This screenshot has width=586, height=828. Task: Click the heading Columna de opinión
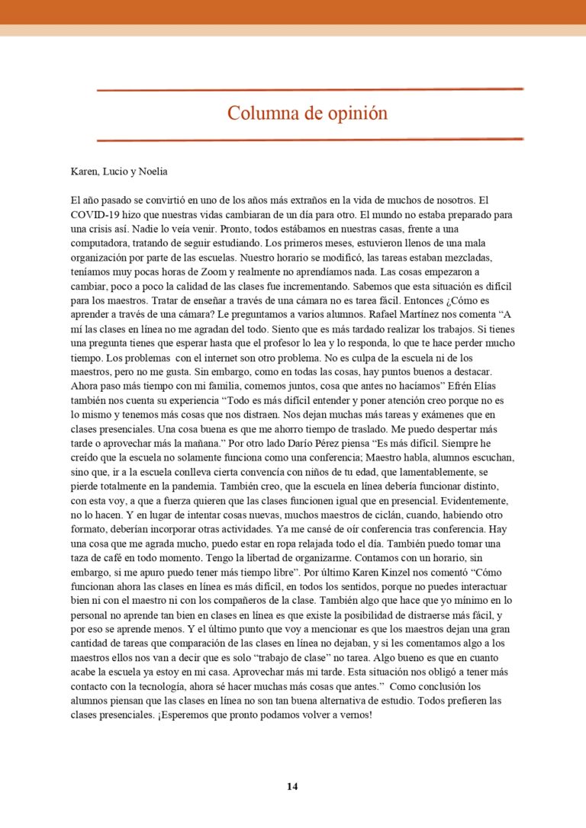[307, 114]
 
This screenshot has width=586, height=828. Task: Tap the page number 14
[293, 786]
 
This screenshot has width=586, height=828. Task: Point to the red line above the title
[309, 90]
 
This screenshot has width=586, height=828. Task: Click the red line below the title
[309, 140]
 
